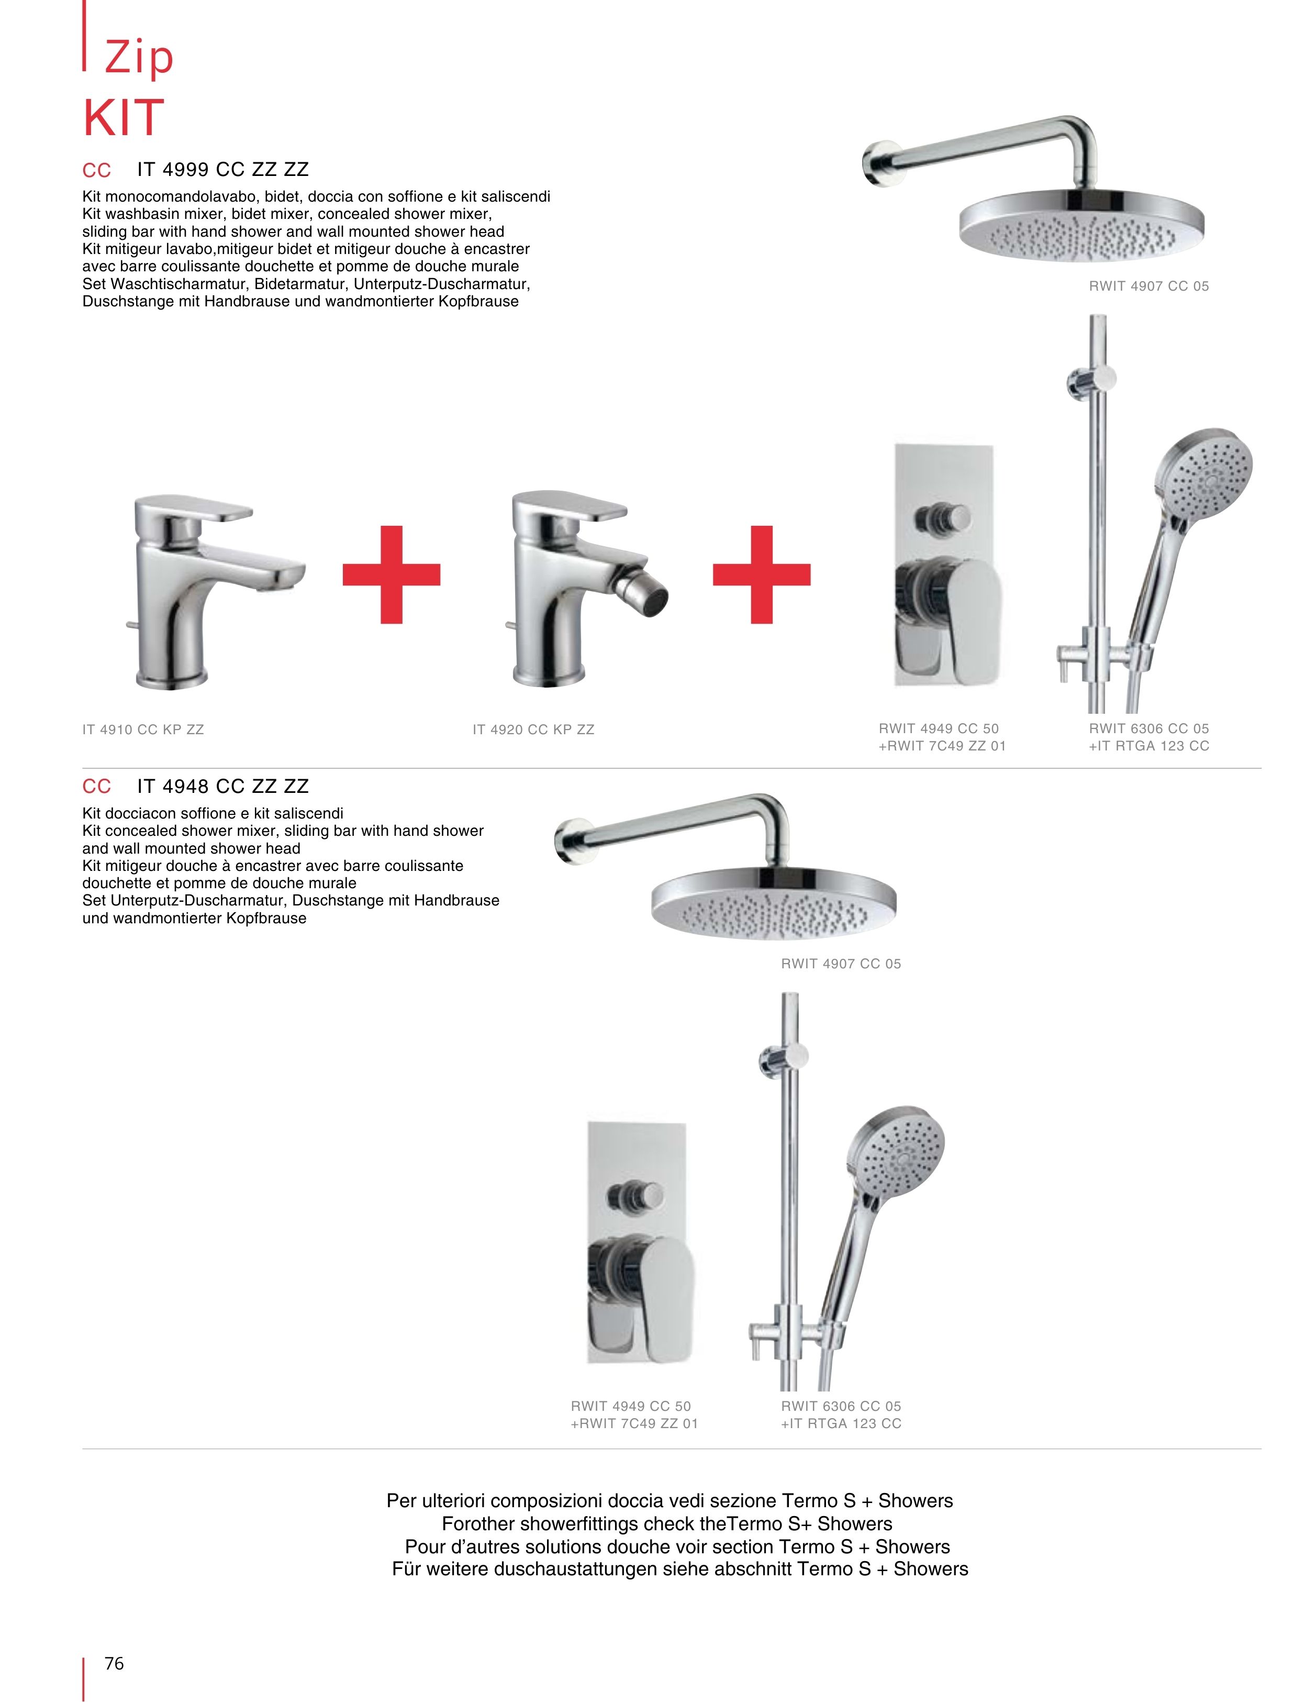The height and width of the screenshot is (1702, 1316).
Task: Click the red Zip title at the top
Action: coord(139,58)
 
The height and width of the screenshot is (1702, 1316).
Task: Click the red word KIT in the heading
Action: coord(124,118)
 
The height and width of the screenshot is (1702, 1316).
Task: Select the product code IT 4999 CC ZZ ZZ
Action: coord(223,170)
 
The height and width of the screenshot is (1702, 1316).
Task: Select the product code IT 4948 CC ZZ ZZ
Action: coord(223,786)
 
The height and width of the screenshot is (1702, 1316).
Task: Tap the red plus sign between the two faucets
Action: coord(391,574)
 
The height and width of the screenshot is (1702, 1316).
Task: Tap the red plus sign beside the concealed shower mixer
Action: coord(761,574)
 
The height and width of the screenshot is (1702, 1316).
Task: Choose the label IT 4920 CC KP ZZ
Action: coord(533,730)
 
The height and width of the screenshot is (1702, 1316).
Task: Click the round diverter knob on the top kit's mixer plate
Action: coord(943,517)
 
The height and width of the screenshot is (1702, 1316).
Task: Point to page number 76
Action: coord(114,1663)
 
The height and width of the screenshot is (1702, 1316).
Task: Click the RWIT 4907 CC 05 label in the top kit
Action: coord(1148,286)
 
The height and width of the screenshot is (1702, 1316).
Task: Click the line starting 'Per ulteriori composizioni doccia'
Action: coord(670,1500)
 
